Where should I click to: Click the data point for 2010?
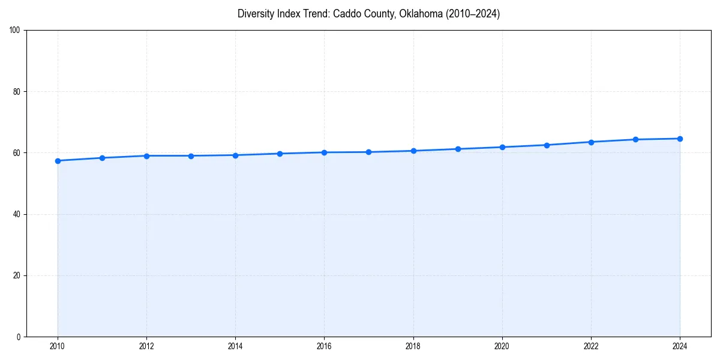pos(58,161)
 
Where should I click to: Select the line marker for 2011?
pos(102,158)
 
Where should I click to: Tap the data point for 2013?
pos(191,156)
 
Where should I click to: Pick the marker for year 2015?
pos(280,154)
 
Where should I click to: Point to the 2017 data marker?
pos(368,152)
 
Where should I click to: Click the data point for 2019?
pos(458,149)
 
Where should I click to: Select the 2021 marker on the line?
pos(547,145)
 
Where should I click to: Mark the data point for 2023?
pos(635,139)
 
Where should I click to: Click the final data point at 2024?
pos(680,139)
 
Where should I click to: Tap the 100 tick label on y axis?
pos(15,31)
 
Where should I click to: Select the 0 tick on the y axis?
pos(19,337)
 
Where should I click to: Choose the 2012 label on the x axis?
pos(146,346)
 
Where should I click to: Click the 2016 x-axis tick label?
pos(324,346)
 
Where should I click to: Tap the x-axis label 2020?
pos(502,346)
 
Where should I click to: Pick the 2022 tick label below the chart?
pos(591,346)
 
